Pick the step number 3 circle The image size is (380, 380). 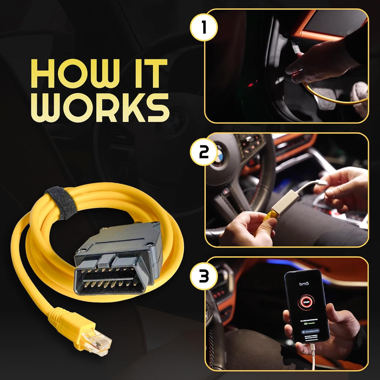204,277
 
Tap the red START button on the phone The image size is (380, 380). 306,302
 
